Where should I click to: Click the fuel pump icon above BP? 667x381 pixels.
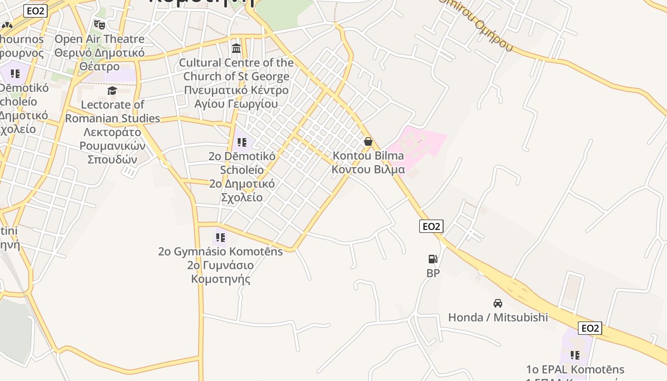pyautogui.click(x=433, y=259)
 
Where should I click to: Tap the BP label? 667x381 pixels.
pyautogui.click(x=433, y=273)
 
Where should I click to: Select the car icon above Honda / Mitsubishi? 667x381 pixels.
pyautogui.click(x=498, y=303)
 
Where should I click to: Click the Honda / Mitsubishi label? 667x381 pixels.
pyautogui.click(x=498, y=317)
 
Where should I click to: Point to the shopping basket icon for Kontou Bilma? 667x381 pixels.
pyautogui.click(x=368, y=141)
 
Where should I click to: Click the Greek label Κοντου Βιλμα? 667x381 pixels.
pyautogui.click(x=368, y=170)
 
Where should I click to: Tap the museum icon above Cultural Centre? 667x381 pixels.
pyautogui.click(x=236, y=48)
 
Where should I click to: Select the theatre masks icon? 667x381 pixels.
pyautogui.click(x=99, y=24)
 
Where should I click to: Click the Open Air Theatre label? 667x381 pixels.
pyautogui.click(x=100, y=39)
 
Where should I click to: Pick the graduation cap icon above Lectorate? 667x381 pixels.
pyautogui.click(x=112, y=90)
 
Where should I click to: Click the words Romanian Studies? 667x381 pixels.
pyautogui.click(x=112, y=118)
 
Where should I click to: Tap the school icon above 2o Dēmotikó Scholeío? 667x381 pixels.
pyautogui.click(x=242, y=142)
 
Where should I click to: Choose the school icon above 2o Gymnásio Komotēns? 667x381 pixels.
pyautogui.click(x=220, y=237)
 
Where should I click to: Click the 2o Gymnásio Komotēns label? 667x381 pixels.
pyautogui.click(x=220, y=251)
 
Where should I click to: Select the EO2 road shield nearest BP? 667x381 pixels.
pyautogui.click(x=431, y=226)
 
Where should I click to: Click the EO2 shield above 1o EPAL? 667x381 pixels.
pyautogui.click(x=590, y=328)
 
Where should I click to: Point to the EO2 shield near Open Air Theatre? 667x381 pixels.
pyautogui.click(x=36, y=11)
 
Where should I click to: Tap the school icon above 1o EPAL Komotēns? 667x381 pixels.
pyautogui.click(x=575, y=355)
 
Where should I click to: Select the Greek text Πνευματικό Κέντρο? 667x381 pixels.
pyautogui.click(x=236, y=90)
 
